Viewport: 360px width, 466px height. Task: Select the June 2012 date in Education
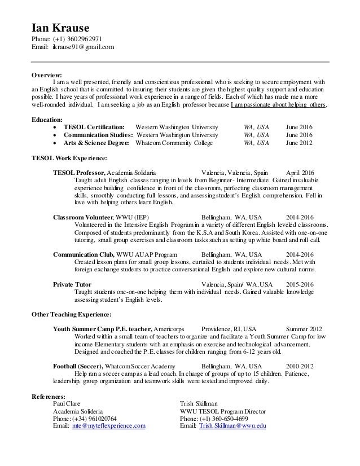[x=300, y=144]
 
